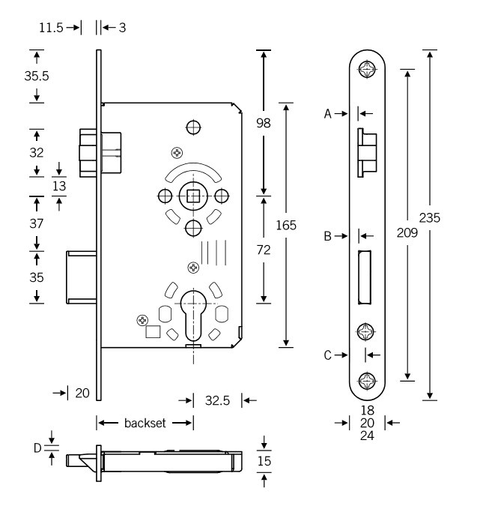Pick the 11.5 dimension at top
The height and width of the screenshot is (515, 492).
51,28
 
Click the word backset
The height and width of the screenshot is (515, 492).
145,424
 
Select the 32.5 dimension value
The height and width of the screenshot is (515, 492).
218,401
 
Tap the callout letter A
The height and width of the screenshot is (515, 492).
328,114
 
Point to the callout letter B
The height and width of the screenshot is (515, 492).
328,236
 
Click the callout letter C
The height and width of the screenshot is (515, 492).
328,355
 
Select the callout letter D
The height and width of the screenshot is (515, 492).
37,448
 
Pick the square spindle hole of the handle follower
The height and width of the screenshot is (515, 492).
192,196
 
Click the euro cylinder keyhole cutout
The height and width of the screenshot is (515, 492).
192,319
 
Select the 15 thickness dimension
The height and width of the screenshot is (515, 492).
264,461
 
